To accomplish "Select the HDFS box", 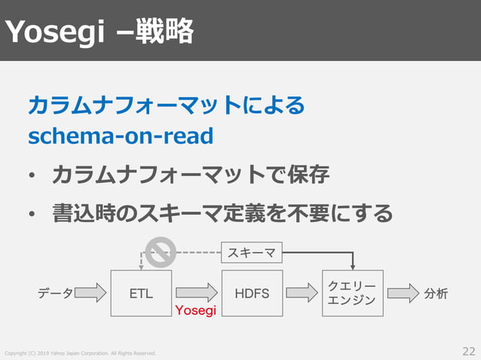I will pos(252,293).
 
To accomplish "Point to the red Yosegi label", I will pos(195,310).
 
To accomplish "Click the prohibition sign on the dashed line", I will pos(161,252).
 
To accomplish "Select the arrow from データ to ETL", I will pos(91,293).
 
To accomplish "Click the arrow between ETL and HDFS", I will pos(196,292).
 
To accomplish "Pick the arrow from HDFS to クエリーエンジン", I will pos(302,292).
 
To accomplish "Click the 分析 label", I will pos(436,293).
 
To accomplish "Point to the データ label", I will pos(56,293).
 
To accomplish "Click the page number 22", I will pos(469,351).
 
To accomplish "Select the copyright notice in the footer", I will pos(81,353).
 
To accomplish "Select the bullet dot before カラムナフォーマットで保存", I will pos(32,178).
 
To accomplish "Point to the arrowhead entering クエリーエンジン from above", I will pos(353,266).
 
